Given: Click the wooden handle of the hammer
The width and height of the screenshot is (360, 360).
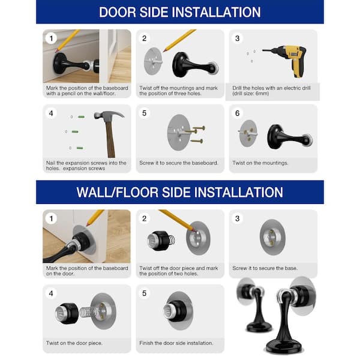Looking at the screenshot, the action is (110, 139).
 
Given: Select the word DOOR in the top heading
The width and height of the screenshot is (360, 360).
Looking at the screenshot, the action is (117, 12).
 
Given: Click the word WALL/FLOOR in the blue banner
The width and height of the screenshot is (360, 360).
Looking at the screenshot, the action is (118, 193).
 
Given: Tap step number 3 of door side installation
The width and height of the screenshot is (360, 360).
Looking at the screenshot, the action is (237, 38).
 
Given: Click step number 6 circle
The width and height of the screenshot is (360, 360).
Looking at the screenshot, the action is (237, 113).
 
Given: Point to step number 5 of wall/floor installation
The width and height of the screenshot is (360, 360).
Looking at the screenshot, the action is (144, 293).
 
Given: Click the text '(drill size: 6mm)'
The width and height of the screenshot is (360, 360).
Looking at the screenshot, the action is (250, 94).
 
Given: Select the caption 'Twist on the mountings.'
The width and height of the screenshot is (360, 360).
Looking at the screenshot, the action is (260, 163).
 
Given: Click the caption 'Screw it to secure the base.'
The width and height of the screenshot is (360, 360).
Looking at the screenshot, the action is (265, 268).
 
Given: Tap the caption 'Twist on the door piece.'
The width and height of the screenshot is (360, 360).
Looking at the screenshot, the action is (74, 343).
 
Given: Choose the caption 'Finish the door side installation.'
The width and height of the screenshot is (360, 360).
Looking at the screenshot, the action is (176, 343).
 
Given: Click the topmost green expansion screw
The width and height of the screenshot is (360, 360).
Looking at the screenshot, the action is (81, 117).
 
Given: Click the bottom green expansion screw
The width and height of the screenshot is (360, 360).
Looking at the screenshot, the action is (80, 148).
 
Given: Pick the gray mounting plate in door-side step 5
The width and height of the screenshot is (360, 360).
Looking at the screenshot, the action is (179, 133).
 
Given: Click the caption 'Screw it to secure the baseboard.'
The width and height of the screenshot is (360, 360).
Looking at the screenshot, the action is (179, 163).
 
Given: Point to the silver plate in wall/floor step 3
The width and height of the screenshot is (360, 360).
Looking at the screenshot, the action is (272, 237).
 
